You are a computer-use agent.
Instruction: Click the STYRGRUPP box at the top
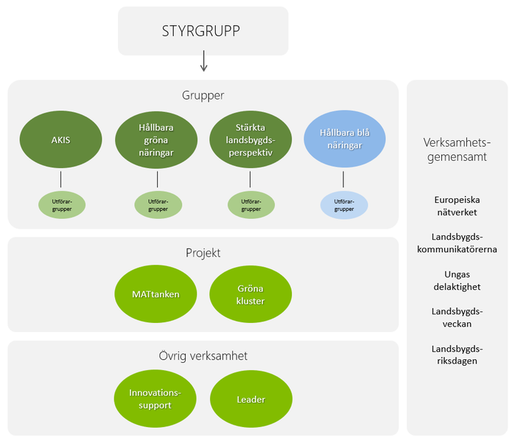[x=203, y=31]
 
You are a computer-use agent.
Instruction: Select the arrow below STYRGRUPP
[x=203, y=63]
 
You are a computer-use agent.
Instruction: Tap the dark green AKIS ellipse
[x=61, y=139]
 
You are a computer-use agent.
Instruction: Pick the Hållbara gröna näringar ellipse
[x=157, y=139]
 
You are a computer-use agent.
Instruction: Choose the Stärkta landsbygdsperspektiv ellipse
[x=251, y=139]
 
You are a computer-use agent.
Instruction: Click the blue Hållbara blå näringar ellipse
[x=344, y=139]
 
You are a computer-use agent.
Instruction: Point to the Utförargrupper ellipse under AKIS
[x=61, y=205]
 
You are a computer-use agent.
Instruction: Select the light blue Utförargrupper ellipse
[x=344, y=205]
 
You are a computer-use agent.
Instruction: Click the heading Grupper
[x=203, y=95]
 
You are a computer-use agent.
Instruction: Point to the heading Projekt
[x=203, y=253]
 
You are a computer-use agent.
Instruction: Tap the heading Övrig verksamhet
[x=203, y=355]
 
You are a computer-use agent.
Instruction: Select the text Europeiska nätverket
[x=457, y=206]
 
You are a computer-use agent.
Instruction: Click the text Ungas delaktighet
[x=457, y=280]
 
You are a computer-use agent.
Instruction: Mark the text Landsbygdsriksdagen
[x=457, y=355]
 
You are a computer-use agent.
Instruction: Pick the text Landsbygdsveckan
[x=457, y=317]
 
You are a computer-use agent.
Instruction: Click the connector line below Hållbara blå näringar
[x=344, y=179]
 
